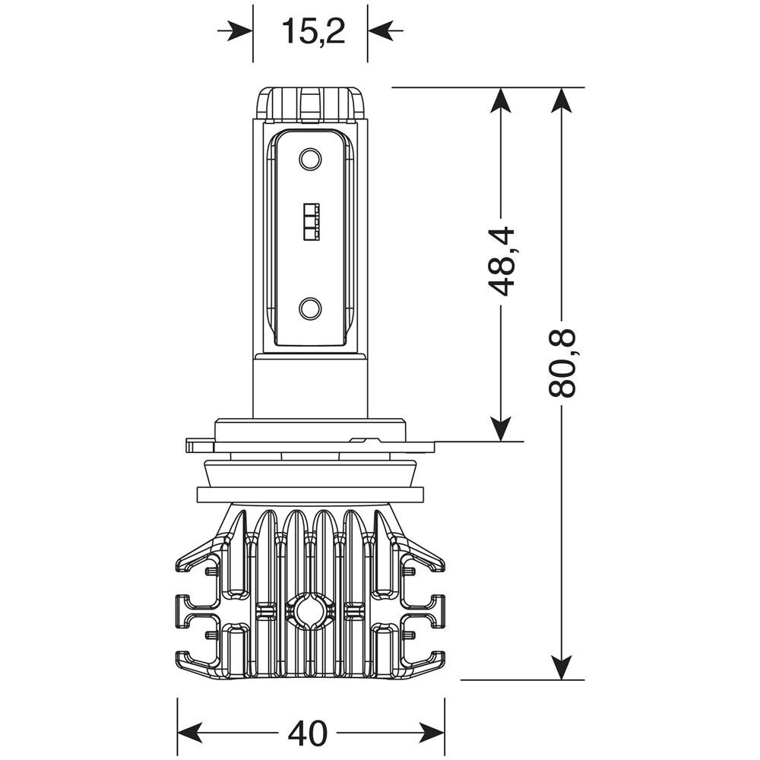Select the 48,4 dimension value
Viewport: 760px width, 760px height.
(502, 261)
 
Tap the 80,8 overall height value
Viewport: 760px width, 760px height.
(562, 363)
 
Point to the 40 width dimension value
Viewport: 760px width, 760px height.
(308, 733)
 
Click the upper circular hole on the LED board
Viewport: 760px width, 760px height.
(310, 159)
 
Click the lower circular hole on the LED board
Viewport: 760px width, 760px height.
(310, 308)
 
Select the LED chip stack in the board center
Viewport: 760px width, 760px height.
(310, 222)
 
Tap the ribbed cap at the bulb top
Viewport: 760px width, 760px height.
(312, 104)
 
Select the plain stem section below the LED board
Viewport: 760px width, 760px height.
(310, 388)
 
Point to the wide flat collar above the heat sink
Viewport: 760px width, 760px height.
(310, 494)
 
